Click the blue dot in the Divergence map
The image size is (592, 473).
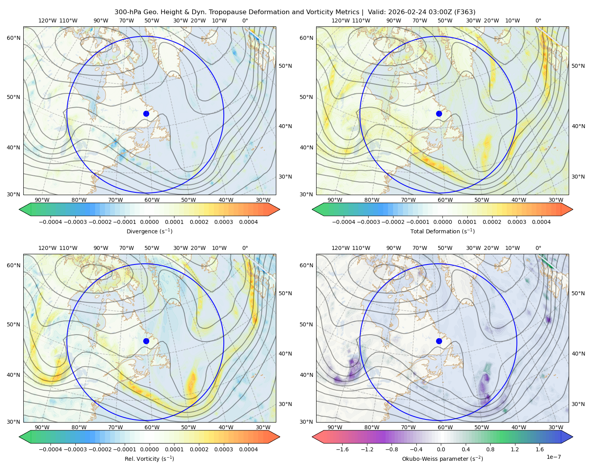pyautogui.click(x=146, y=114)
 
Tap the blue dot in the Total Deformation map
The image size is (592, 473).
pyautogui.click(x=439, y=114)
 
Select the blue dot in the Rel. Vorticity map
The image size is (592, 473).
pyautogui.click(x=146, y=341)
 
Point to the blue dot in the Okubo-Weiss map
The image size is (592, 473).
pyautogui.click(x=439, y=341)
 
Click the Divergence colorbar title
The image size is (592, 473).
pyautogui.click(x=149, y=231)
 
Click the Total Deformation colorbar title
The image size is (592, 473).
pyautogui.click(x=442, y=231)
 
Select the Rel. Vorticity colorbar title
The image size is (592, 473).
pyautogui.click(x=149, y=459)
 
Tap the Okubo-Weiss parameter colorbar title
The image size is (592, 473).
pyautogui.click(x=442, y=459)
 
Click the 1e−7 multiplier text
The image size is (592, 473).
pyautogui.click(x=553, y=457)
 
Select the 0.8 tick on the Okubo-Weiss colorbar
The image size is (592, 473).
pyautogui.click(x=490, y=449)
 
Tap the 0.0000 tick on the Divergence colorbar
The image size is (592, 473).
pyautogui.click(x=149, y=222)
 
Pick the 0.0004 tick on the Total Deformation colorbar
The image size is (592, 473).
pyautogui.click(x=541, y=222)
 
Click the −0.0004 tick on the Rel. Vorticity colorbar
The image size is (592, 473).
pyautogui.click(x=51, y=449)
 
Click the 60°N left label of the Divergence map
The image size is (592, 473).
pyautogui.click(x=13, y=38)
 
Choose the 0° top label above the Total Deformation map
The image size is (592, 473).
pyautogui.click(x=538, y=20)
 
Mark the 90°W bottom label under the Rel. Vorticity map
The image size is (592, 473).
pyautogui.click(x=42, y=427)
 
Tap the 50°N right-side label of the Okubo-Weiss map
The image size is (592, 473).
pyautogui.click(x=578, y=293)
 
